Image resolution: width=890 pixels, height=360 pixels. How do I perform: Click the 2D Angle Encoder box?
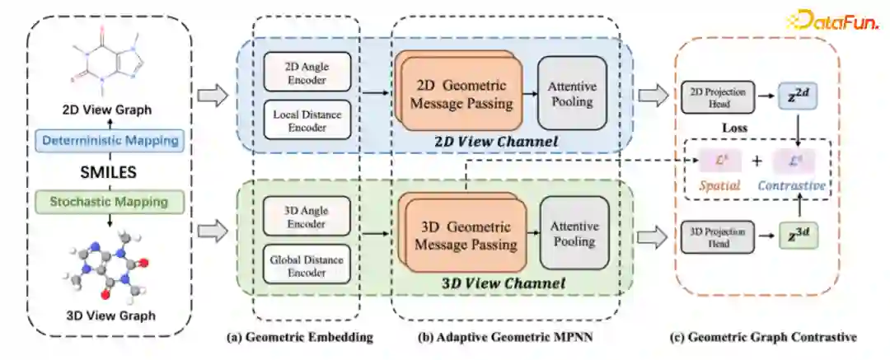pos(307,72)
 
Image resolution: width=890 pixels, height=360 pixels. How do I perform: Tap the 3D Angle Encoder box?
pos(307,215)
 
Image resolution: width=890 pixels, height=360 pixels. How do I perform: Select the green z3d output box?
pos(798,237)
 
